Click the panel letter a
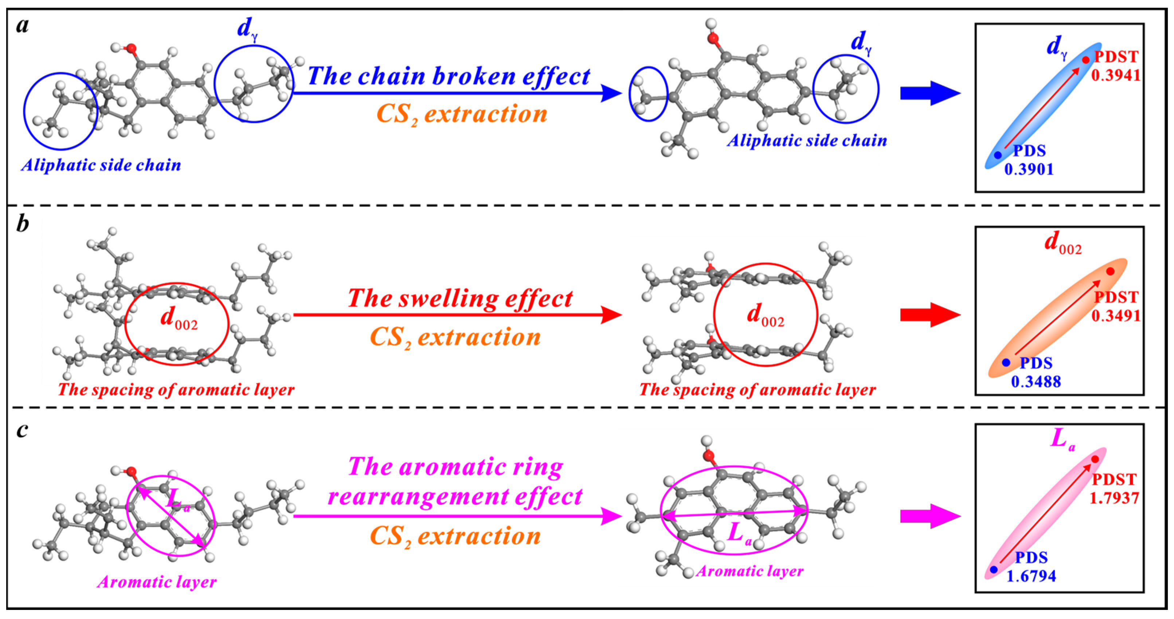pyautogui.click(x=22, y=26)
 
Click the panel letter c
pyautogui.click(x=22, y=430)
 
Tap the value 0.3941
pyautogui.click(x=1115, y=75)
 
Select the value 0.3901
pyautogui.click(x=1029, y=169)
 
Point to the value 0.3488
pyautogui.click(x=1036, y=381)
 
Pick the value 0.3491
pyautogui.click(x=1115, y=316)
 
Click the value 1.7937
pyautogui.click(x=1114, y=498)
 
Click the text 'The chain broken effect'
pyautogui.click(x=449, y=76)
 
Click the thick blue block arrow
pyautogui.click(x=930, y=93)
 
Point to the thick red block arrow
pyautogui.click(x=930, y=314)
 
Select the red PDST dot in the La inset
pyautogui.click(x=1095, y=459)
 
